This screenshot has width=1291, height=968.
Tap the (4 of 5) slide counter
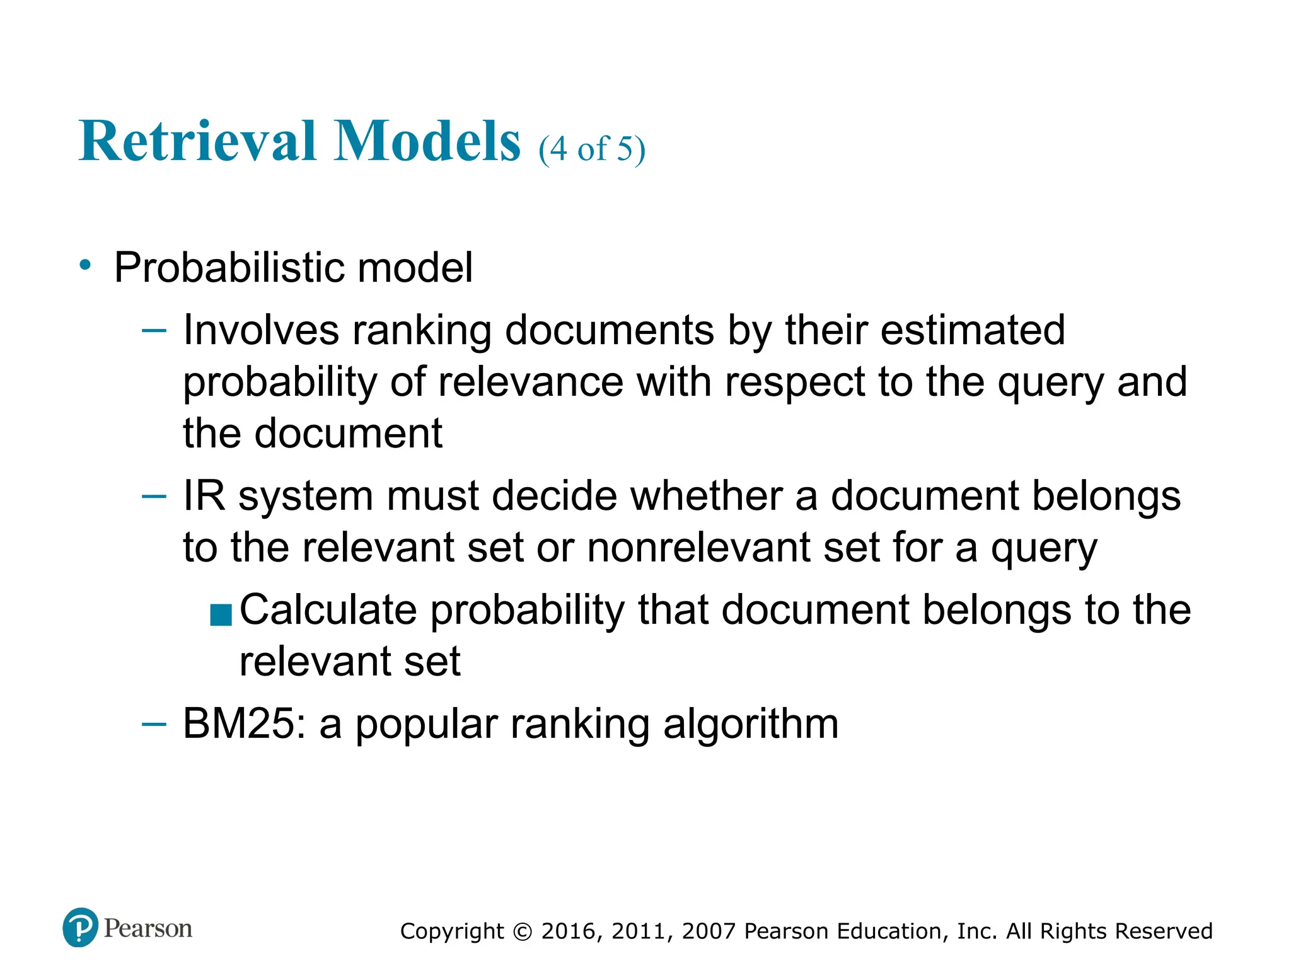pyautogui.click(x=592, y=149)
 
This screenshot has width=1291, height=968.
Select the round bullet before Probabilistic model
pyautogui.click(x=86, y=265)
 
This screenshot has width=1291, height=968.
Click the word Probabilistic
pyautogui.click(x=229, y=268)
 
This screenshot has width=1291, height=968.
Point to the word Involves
pyautogui.click(x=261, y=330)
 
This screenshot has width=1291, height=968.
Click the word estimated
pyautogui.click(x=972, y=330)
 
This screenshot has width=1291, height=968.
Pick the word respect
pyautogui.click(x=795, y=383)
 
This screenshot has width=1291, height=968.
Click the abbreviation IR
pyautogui.click(x=204, y=496)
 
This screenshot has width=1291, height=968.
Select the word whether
pyautogui.click(x=706, y=496)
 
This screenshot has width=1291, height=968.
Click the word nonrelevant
pyautogui.click(x=698, y=547)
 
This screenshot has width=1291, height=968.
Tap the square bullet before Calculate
pyautogui.click(x=221, y=614)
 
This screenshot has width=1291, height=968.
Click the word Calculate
pyautogui.click(x=328, y=610)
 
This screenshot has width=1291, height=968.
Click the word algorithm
pyautogui.click(x=751, y=723)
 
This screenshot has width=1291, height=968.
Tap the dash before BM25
pyautogui.click(x=154, y=725)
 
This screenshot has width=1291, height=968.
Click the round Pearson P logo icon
pyautogui.click(x=81, y=928)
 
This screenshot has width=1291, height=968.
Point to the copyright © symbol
pyautogui.click(x=523, y=931)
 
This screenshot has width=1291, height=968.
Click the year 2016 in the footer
pyautogui.click(x=568, y=931)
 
